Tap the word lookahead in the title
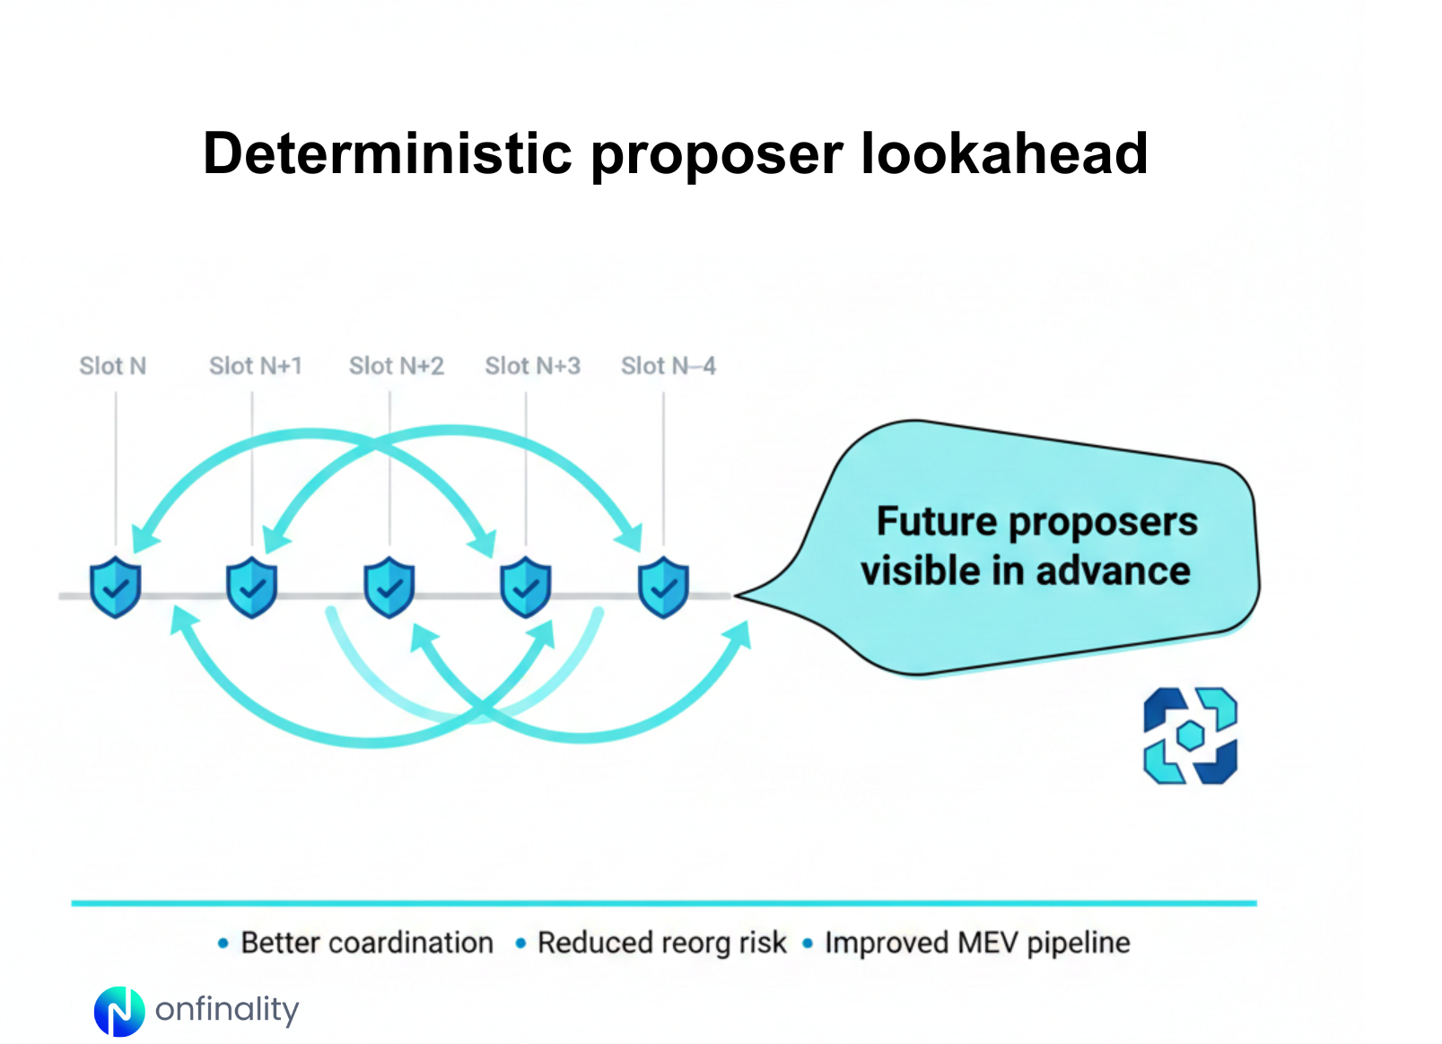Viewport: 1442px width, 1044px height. (x=1004, y=153)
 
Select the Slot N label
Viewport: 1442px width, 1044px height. (x=112, y=366)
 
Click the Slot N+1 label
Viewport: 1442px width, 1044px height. (x=256, y=366)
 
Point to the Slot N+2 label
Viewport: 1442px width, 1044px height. (x=396, y=366)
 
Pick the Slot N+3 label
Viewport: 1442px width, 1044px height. (x=532, y=366)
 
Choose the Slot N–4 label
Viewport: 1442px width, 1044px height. (x=668, y=366)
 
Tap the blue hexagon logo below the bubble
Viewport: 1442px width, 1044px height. (x=1190, y=735)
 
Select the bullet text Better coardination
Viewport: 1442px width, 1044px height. (x=367, y=943)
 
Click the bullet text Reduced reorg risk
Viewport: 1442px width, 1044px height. (x=661, y=943)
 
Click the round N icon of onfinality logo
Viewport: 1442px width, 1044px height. (x=119, y=1011)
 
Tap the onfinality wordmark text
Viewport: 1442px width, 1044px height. (x=226, y=1010)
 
